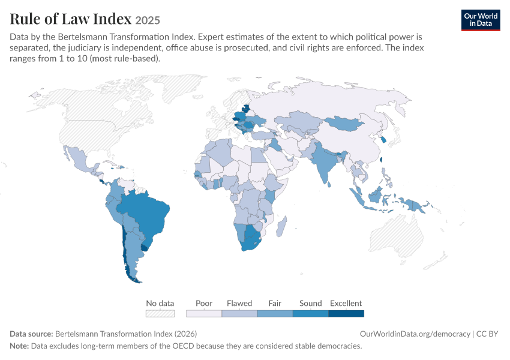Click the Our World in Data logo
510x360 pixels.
click(481, 20)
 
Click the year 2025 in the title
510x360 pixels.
click(148, 20)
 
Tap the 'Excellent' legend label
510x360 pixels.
click(346, 303)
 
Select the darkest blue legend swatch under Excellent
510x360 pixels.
click(346, 313)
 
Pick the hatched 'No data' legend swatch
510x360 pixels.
click(160, 313)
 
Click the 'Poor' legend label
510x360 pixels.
click(204, 303)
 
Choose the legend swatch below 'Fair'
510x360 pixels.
click(275, 313)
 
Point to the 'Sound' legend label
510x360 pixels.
click(311, 303)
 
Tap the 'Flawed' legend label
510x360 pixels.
click(239, 303)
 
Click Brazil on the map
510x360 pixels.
click(146, 215)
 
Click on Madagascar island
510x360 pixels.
click(281, 226)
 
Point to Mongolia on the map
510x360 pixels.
click(343, 124)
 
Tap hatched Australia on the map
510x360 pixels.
click(397, 238)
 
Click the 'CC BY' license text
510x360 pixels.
click(487, 334)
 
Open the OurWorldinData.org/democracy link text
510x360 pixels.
click(415, 334)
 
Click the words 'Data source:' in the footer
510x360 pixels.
click(31, 334)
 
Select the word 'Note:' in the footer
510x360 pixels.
click(19, 346)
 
